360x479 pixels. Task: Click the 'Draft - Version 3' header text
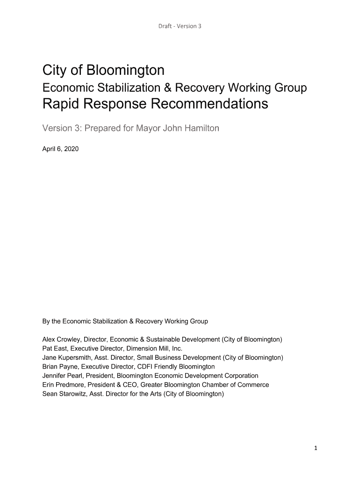click(180, 26)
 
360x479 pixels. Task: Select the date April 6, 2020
click(60, 149)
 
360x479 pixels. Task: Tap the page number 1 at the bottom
click(316, 448)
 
